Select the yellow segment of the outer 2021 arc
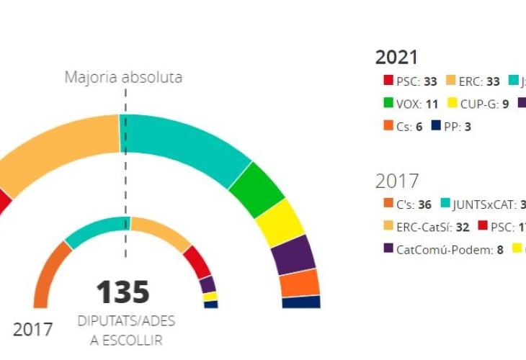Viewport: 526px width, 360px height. (x=282, y=221)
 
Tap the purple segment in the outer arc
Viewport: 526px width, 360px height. (x=296, y=254)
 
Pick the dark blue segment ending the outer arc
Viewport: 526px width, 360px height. (x=301, y=302)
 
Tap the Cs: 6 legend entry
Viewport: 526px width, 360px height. (x=403, y=126)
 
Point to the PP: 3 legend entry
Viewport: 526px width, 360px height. (x=451, y=126)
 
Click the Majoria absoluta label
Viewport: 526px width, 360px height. (x=123, y=77)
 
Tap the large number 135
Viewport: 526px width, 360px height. (x=123, y=292)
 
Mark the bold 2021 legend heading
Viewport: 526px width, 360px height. (x=396, y=58)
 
